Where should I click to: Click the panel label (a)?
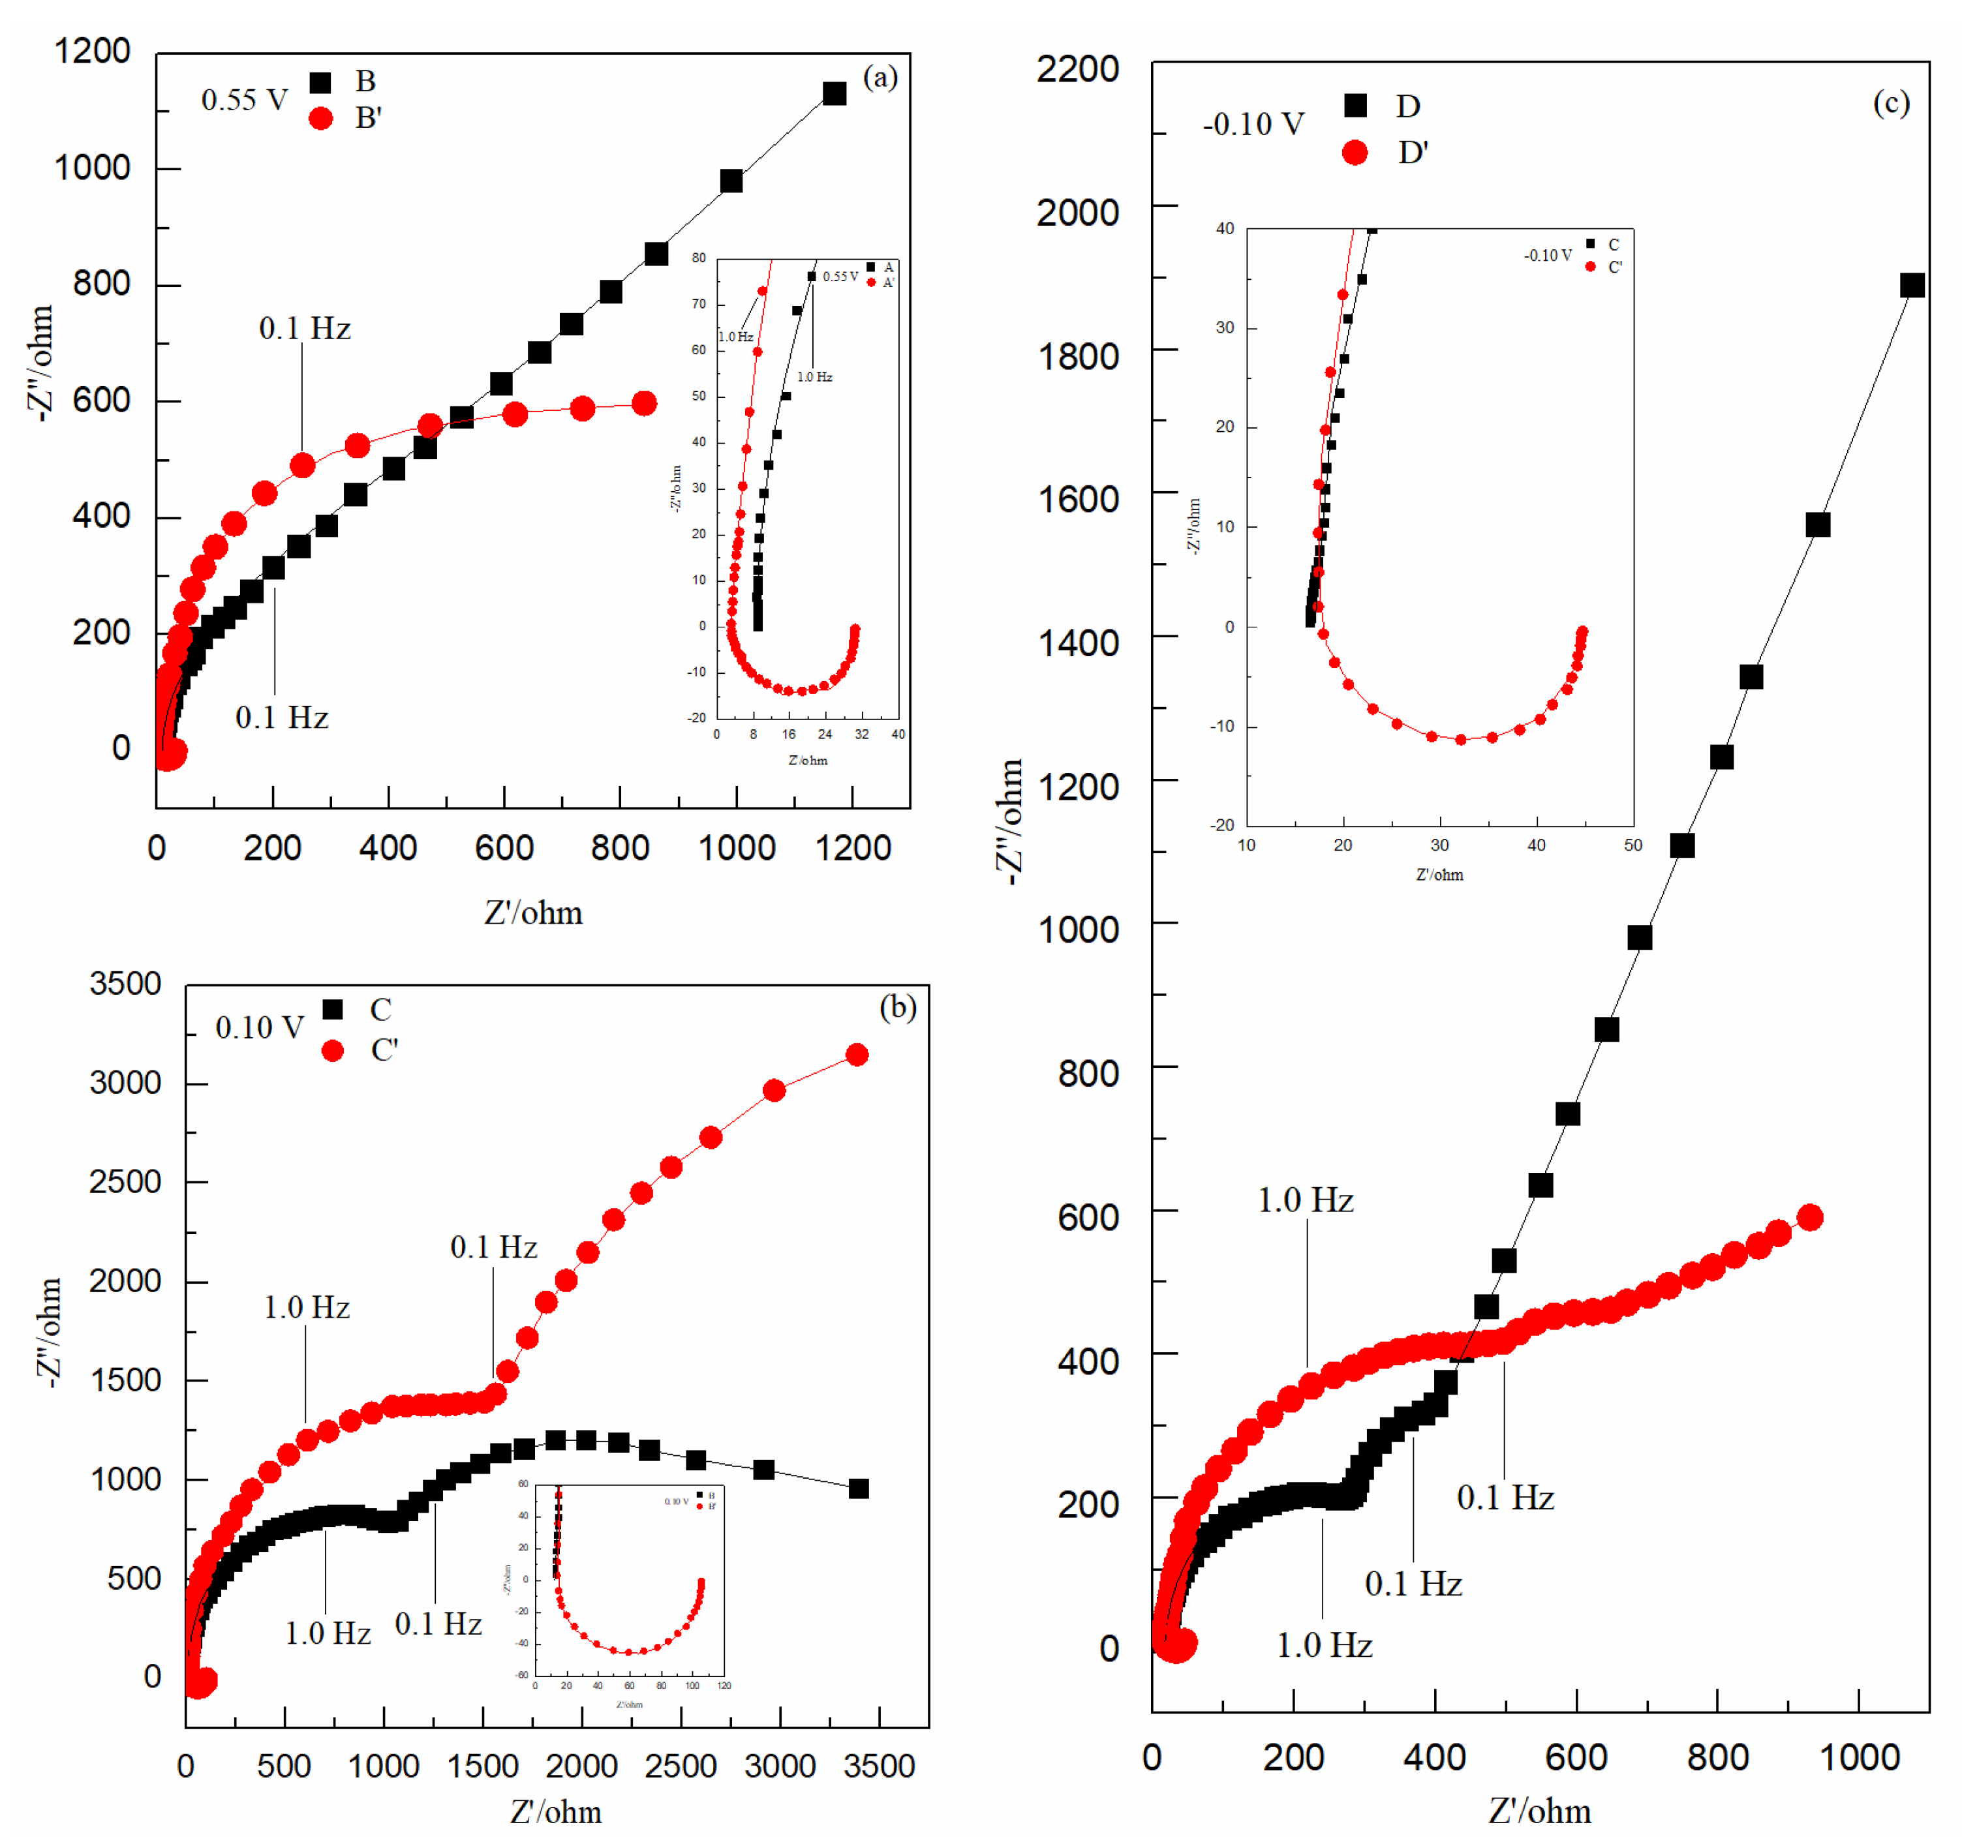pos(880,77)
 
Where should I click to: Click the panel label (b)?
pos(897,1006)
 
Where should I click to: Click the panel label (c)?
pos(1890,102)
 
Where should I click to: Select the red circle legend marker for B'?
pos(321,119)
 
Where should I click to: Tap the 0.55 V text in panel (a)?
pos(244,100)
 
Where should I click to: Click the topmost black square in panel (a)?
pos(834,94)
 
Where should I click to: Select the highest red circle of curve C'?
pos(857,1055)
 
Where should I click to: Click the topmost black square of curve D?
pos(1912,285)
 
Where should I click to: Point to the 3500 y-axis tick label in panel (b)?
pos(125,984)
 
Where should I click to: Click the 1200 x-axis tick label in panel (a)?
pos(853,847)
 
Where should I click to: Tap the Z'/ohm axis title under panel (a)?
pos(533,913)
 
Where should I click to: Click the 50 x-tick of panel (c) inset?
pos(1632,845)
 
